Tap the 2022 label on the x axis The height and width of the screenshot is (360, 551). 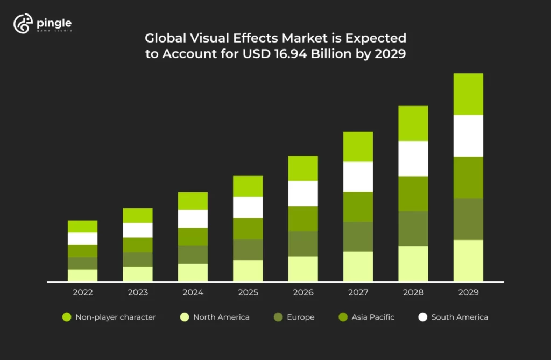click(83, 293)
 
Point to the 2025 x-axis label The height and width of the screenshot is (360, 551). click(248, 293)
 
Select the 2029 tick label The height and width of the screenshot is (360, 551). click(468, 293)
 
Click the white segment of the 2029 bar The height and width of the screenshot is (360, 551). click(468, 136)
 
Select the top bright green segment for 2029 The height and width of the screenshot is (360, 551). click(468, 94)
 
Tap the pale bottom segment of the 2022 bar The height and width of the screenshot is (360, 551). click(83, 275)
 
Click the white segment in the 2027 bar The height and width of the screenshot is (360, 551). click(358, 177)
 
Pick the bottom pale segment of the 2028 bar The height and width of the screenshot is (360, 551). click(413, 264)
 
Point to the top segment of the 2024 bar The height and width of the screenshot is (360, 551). click(193, 201)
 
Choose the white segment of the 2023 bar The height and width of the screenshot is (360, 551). click(138, 230)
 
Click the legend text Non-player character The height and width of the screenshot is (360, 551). click(115, 317)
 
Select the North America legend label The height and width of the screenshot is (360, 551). click(221, 317)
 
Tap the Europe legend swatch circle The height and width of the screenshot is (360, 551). click(278, 317)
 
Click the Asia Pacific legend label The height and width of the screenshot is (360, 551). click(373, 317)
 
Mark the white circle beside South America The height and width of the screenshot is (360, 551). click(423, 317)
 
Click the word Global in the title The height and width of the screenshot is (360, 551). click(162, 38)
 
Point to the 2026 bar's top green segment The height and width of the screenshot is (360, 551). click(303, 168)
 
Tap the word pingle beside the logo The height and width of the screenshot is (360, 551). click(54, 23)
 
